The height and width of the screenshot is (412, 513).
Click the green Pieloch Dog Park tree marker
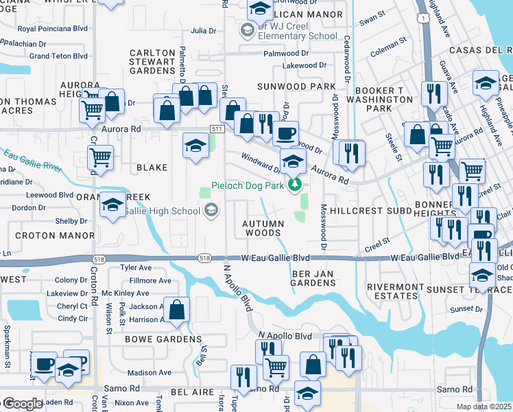coord(295,184)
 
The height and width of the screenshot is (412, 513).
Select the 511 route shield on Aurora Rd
coord(217,129)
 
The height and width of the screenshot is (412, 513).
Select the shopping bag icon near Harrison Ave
coord(177,310)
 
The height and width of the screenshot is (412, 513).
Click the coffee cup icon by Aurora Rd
coord(285,132)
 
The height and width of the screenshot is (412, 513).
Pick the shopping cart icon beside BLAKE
coord(101,157)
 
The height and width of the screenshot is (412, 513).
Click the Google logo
coord(23,404)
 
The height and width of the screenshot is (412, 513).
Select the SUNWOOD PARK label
coord(296,87)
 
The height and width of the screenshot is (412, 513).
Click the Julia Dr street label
coord(203,31)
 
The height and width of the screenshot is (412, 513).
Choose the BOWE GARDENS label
coord(163,339)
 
